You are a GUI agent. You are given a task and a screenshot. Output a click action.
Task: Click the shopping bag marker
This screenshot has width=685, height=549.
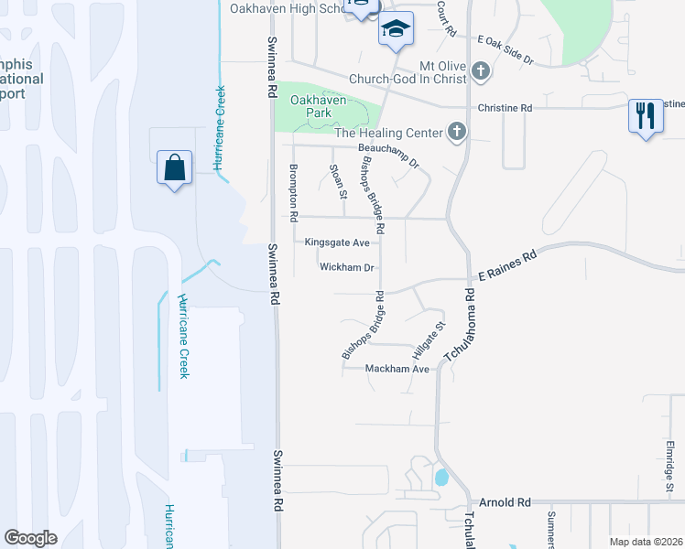(174, 168)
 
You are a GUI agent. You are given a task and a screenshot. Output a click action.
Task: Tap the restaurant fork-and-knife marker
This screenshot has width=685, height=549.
(646, 115)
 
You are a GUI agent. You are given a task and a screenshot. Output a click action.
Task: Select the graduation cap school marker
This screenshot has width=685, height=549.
(396, 31)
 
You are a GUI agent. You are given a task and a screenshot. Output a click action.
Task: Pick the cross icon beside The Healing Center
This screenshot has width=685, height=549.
(456, 134)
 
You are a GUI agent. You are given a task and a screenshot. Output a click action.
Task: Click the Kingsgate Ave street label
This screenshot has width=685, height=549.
(337, 242)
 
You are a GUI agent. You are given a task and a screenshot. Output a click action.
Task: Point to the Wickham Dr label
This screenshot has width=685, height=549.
(347, 268)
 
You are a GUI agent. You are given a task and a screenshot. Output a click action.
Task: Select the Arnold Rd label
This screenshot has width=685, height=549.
(506, 503)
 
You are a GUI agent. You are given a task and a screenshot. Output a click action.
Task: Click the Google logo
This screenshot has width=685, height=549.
(31, 538)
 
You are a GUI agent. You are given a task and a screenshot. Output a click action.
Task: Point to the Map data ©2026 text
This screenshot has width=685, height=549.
(646, 542)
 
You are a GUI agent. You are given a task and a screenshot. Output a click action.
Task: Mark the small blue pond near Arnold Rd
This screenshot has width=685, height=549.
(441, 477)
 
